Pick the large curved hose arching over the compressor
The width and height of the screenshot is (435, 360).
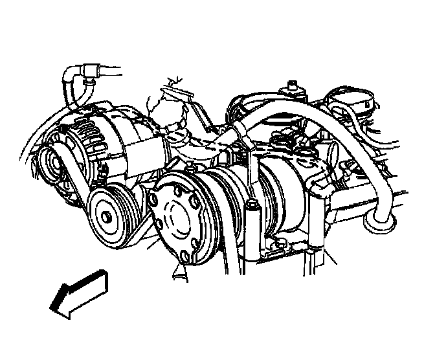[311, 110]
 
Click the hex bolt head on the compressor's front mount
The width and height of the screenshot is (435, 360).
[253, 207]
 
